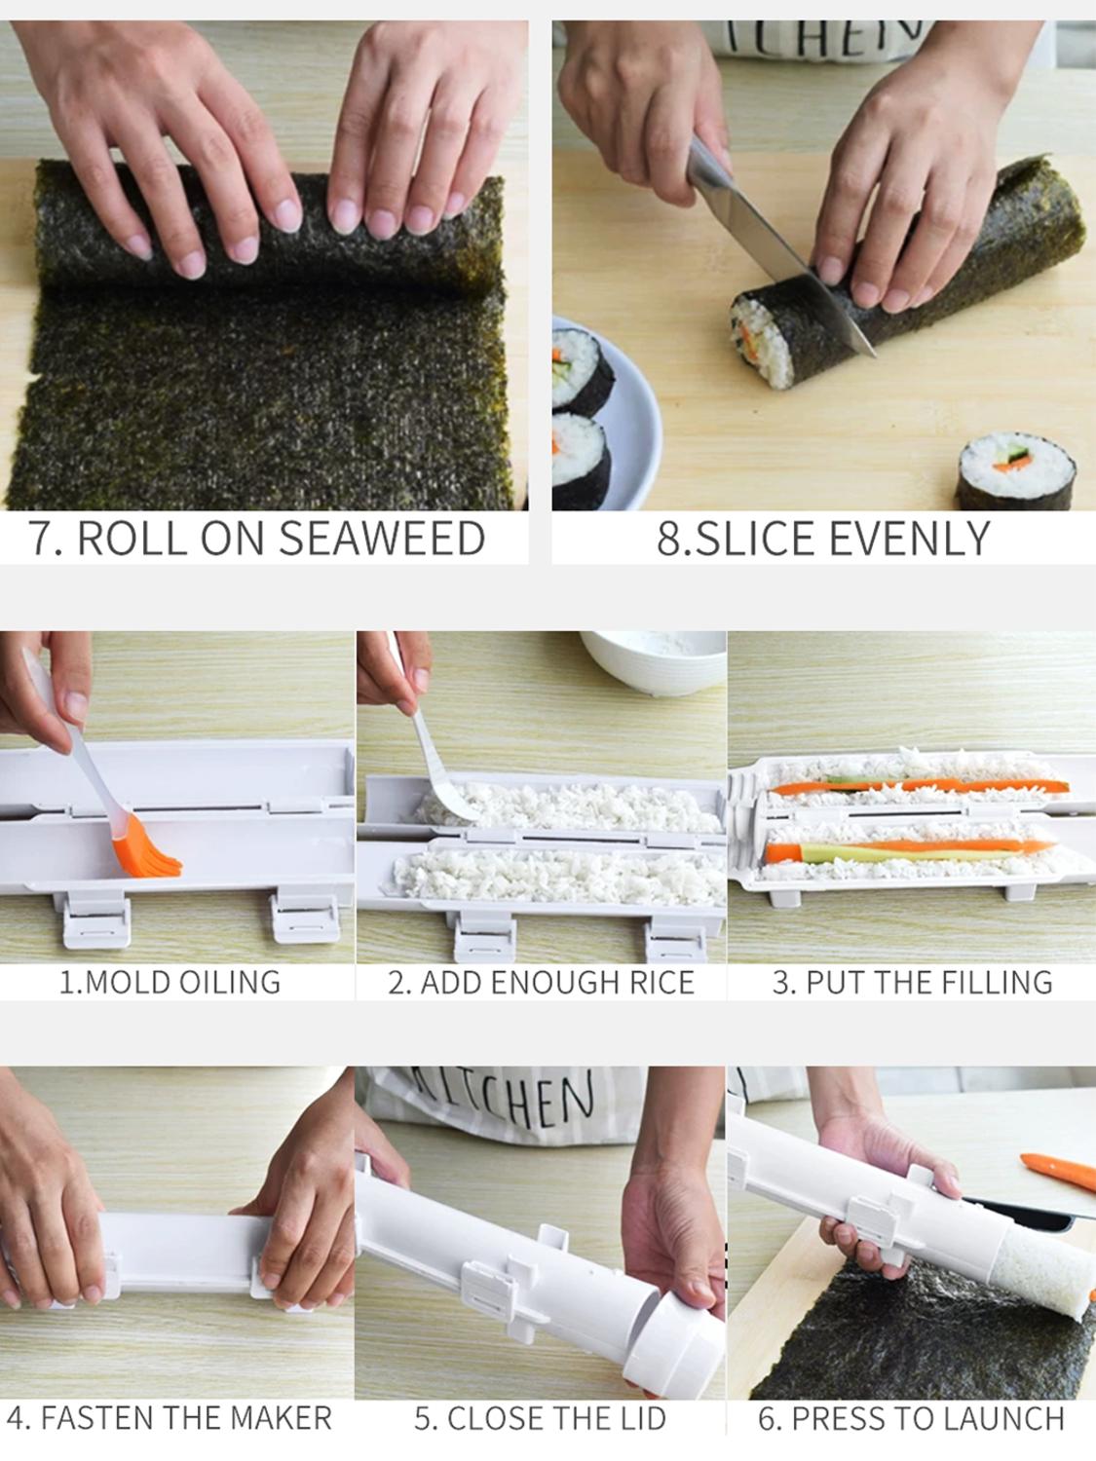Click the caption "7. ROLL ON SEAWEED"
pyautogui.click(x=257, y=539)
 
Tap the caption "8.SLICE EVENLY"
pyautogui.click(x=823, y=539)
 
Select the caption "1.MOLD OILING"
pyautogui.click(x=170, y=982)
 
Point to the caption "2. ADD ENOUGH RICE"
pyautogui.click(x=541, y=982)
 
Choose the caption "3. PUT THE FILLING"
pyautogui.click(x=912, y=982)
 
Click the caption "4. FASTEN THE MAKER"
pyautogui.click(x=170, y=1418)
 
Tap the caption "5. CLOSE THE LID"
pyautogui.click(x=541, y=1418)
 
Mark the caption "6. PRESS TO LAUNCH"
pyautogui.click(x=912, y=1418)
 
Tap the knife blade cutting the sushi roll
pyautogui.click(x=770, y=243)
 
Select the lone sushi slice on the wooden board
pyautogui.click(x=1015, y=473)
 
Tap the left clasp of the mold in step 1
pyautogui.click(x=94, y=919)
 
